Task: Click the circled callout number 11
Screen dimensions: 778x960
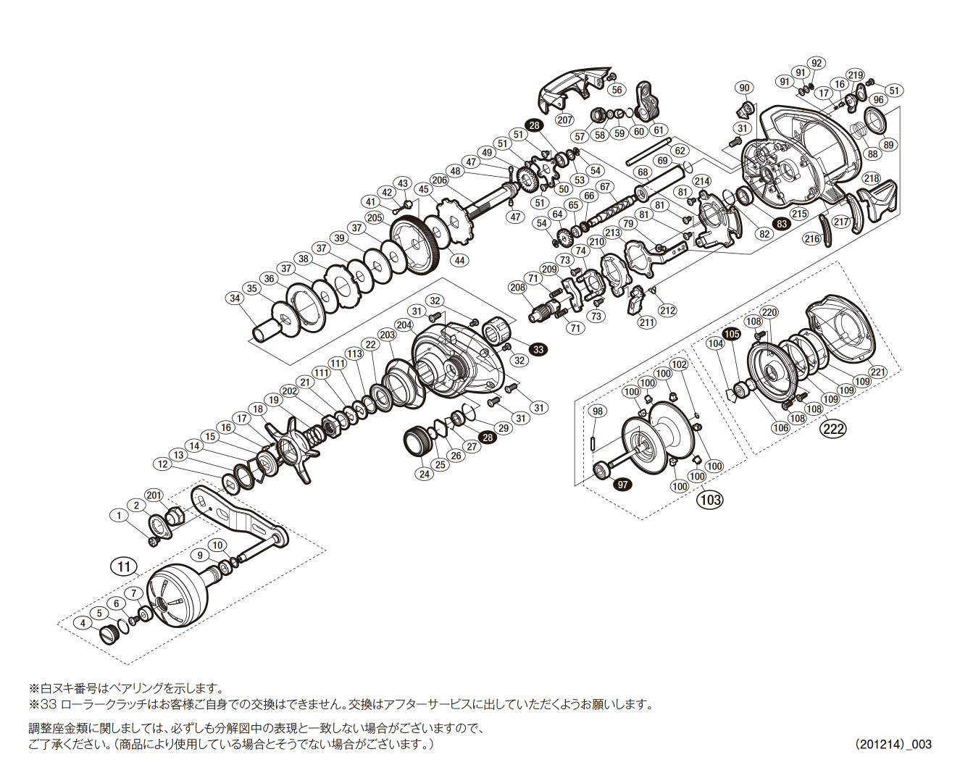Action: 123,565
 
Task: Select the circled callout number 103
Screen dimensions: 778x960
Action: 710,499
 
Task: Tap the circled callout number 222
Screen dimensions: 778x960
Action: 832,429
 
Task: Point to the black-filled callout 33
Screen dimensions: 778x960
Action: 538,349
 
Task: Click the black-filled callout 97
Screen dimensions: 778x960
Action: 622,484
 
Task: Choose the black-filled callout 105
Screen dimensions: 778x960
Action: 732,334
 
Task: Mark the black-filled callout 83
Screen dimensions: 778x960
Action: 781,224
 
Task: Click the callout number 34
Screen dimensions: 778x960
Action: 234,298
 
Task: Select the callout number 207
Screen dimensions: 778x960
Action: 564,120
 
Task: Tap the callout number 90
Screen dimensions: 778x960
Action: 743,88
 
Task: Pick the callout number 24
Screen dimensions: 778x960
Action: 424,474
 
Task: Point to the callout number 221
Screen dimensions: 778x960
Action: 878,372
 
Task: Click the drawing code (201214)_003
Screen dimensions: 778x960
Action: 893,744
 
